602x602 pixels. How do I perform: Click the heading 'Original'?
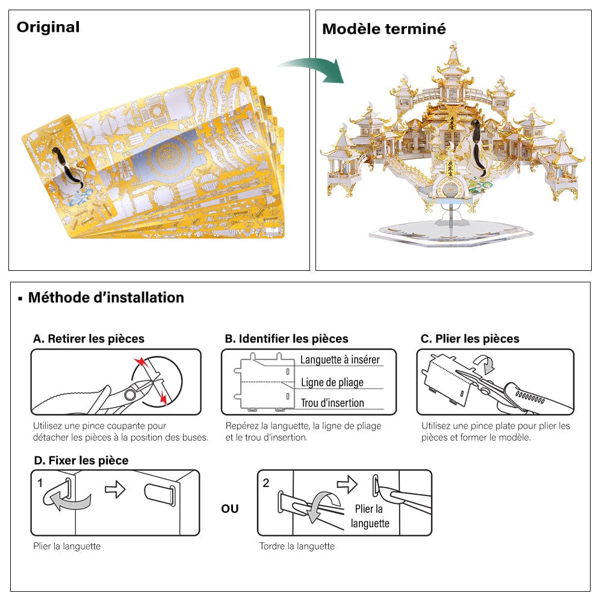pyautogui.click(x=48, y=27)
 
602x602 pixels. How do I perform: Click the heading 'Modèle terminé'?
pyautogui.click(x=384, y=29)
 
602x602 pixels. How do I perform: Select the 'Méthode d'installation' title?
pyautogui.click(x=106, y=297)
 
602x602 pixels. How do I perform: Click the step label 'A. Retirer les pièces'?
pyautogui.click(x=88, y=339)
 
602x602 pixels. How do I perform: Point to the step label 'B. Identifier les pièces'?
pyautogui.click(x=287, y=339)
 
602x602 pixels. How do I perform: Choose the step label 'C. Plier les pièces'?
pyautogui.click(x=470, y=339)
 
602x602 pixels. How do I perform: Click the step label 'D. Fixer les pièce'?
pyautogui.click(x=81, y=461)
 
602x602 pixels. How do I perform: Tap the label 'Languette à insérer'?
pyautogui.click(x=340, y=360)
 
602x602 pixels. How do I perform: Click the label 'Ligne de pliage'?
pyautogui.click(x=332, y=382)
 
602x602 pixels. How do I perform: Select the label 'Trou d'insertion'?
pyautogui.click(x=332, y=403)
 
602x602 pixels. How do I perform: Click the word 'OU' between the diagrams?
pyautogui.click(x=230, y=509)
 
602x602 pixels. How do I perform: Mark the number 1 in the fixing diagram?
pyautogui.click(x=40, y=483)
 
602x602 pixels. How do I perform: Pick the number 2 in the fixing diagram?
pyautogui.click(x=267, y=483)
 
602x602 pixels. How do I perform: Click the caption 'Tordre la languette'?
pyautogui.click(x=297, y=546)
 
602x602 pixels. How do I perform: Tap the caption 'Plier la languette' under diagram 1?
pyautogui.click(x=67, y=546)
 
